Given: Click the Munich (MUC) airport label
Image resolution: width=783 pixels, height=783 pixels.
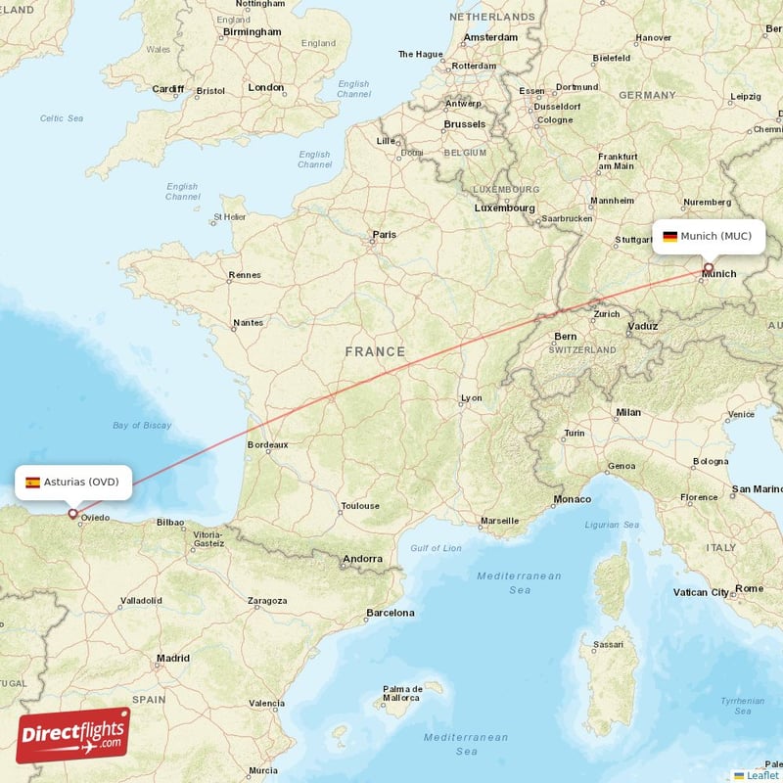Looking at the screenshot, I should coord(709,236).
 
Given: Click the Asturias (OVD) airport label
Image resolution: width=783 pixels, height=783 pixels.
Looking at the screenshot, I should coord(72,482).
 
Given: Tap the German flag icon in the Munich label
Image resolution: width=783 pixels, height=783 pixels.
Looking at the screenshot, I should coord(670,236).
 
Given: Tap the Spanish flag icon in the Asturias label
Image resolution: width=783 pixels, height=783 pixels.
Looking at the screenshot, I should coord(33,483).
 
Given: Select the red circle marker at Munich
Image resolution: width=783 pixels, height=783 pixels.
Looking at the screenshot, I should coord(709,266).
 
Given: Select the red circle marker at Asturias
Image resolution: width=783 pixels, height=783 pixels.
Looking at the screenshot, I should coord(72,513).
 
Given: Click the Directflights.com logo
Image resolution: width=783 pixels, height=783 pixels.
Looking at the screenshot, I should coord(72,735).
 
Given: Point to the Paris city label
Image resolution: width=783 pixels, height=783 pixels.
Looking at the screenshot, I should coord(385,235).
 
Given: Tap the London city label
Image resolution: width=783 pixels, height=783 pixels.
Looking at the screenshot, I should coord(265,87).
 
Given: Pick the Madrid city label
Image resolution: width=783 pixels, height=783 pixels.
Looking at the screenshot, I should coord(173,659).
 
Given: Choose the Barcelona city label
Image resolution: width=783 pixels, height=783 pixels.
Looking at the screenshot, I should coord(390,613).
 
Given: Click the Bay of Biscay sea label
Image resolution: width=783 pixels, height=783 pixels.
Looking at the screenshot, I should coord(142,425).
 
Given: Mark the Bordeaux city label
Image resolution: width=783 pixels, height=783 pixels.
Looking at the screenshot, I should coord(267,444).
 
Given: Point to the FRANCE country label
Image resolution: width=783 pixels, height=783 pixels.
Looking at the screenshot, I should coord(374,351).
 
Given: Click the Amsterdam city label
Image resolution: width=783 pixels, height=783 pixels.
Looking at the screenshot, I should coord(490,37).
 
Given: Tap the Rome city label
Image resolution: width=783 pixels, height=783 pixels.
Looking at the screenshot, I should coord(749,588).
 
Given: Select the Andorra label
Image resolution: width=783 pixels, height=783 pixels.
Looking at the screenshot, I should coord(362,559).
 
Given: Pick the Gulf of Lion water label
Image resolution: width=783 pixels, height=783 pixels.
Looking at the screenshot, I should coord(436,547).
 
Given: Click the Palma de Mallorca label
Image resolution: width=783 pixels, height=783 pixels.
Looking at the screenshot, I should coord(403,694).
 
